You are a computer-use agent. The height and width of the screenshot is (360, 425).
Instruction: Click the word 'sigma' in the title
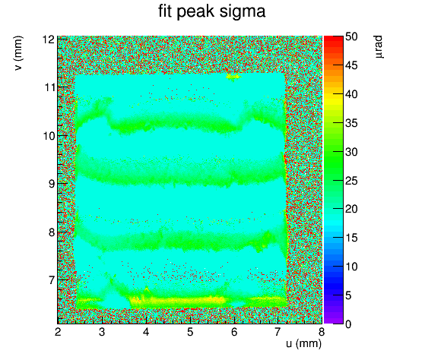[243, 11]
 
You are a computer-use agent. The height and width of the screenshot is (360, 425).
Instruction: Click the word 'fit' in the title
[165, 11]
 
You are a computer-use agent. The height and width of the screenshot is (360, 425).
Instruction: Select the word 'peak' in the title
[195, 12]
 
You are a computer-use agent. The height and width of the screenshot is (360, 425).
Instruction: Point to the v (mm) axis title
[18, 53]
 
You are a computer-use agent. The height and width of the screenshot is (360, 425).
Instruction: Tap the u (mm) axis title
[303, 343]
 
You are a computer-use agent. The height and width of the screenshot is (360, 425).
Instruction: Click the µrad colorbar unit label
[379, 46]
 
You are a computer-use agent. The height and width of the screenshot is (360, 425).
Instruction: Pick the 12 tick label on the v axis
[48, 39]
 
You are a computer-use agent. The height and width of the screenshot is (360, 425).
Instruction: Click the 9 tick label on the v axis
[52, 184]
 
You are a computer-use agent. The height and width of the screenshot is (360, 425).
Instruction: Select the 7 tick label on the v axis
[52, 280]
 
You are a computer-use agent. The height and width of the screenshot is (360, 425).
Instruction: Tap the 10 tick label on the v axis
[49, 136]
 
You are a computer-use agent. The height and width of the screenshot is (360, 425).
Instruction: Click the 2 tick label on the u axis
[58, 332]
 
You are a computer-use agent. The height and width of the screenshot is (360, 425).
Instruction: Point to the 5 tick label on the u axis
[190, 332]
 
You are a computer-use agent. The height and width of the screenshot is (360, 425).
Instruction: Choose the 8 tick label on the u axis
[322, 332]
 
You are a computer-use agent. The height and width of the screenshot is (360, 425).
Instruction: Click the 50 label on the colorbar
[351, 36]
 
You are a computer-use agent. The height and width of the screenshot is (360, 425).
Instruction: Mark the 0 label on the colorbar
[348, 324]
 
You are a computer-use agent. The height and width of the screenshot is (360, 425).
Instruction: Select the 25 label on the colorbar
[351, 181]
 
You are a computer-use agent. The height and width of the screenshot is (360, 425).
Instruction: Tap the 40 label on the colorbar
[351, 94]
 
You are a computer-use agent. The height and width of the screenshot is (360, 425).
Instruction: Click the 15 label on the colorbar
[351, 238]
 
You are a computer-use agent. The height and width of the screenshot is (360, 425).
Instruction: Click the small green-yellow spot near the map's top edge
[233, 77]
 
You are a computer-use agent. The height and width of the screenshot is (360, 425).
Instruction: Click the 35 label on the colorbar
[351, 123]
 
